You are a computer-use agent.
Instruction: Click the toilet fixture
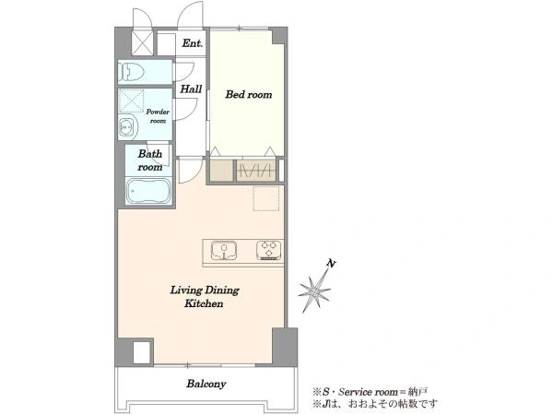131,72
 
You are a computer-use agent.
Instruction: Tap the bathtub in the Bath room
148,191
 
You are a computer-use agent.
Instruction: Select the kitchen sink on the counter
224,251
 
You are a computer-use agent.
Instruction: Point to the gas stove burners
269,250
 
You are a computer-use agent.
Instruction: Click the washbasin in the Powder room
127,126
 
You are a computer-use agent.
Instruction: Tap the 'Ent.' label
193,43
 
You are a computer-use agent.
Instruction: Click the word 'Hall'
191,89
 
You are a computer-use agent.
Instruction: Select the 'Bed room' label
249,94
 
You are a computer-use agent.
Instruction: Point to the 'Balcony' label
206,384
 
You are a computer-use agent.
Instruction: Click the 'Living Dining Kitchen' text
205,296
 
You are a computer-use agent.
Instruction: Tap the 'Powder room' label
158,116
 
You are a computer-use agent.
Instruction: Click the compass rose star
314,292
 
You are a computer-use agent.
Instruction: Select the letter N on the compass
331,263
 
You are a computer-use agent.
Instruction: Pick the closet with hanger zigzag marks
256,171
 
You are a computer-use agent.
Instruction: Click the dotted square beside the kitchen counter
266,198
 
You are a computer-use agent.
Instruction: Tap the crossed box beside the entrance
142,42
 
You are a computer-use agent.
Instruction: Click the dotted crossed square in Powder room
131,101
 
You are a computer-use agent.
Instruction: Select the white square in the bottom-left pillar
142,352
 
